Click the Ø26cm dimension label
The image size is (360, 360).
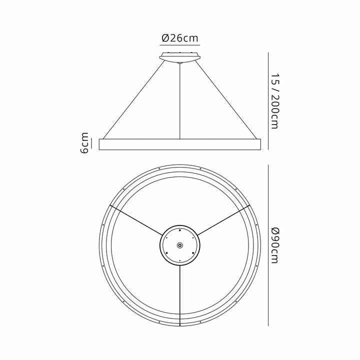pos(179,38)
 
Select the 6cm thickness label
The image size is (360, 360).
pos(85,143)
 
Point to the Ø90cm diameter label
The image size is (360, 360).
pos(273,245)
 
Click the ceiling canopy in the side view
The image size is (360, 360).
pos(179,57)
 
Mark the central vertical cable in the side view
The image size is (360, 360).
pos(179,100)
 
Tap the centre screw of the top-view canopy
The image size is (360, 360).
pos(179,244)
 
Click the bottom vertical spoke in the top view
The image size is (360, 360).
pos(179,295)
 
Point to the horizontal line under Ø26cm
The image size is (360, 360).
pos(179,46)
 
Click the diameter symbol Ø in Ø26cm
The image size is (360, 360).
pos(165,38)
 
